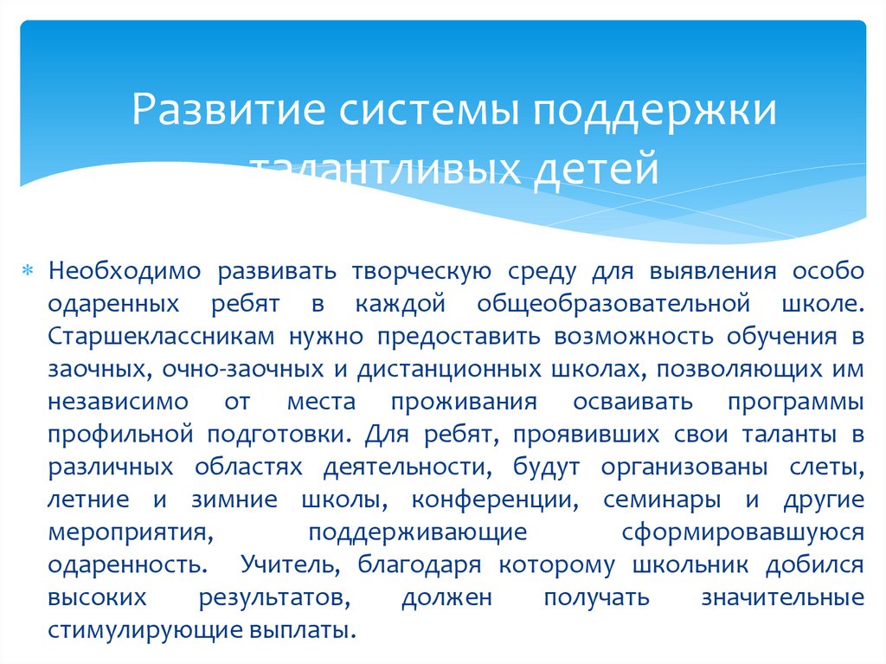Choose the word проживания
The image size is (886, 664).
coord(464,402)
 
